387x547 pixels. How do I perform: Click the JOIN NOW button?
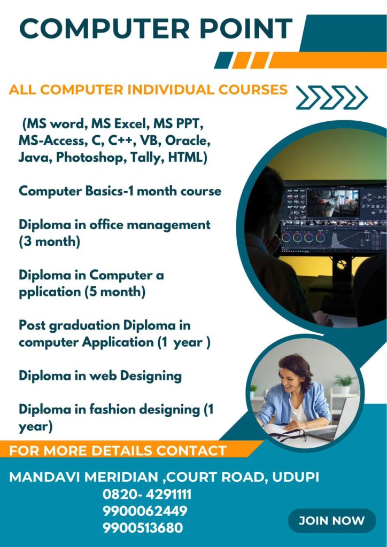(x=332, y=521)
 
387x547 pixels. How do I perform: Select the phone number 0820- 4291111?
(x=147, y=494)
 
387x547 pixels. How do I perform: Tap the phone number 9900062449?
(x=145, y=511)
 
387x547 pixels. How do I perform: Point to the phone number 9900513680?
(x=143, y=527)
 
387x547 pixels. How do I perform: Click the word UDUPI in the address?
(x=295, y=477)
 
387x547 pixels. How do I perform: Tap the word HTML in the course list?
(x=188, y=158)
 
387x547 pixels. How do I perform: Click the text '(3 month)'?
(x=49, y=242)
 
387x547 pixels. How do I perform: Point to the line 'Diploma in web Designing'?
(x=100, y=376)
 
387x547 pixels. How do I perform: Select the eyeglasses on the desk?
(x=288, y=435)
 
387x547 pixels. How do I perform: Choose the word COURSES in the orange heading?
(x=253, y=90)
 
